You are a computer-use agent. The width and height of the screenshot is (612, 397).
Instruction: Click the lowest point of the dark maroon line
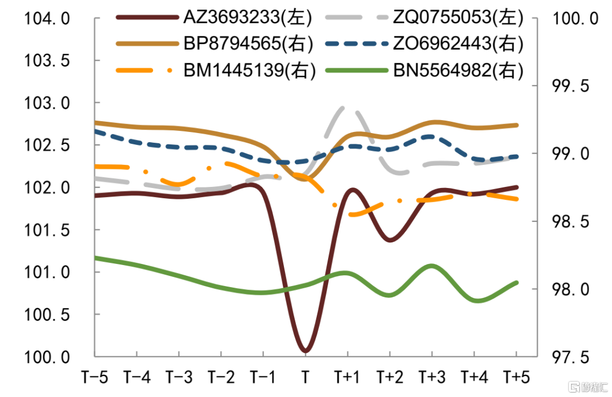pyautogui.click(x=305, y=351)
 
